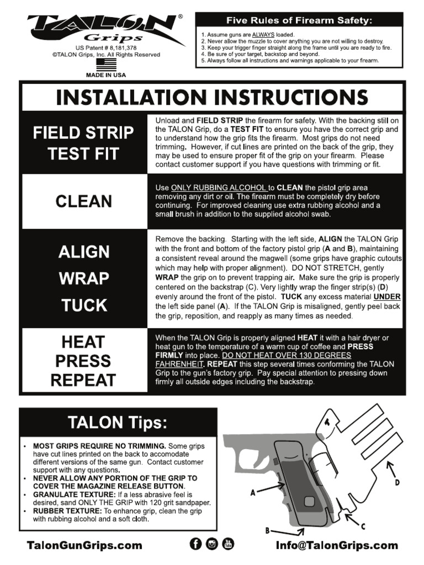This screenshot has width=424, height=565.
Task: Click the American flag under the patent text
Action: point(106,65)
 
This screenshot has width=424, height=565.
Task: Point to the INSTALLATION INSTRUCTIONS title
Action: point(213,98)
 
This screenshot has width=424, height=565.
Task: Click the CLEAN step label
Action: point(83,201)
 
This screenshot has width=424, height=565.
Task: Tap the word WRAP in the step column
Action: point(83,278)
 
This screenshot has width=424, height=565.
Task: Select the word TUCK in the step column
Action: point(83,305)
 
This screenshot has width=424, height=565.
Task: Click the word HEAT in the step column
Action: point(83,342)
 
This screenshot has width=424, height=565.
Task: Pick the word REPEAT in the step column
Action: point(83,380)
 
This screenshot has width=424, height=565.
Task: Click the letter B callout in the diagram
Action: point(268,531)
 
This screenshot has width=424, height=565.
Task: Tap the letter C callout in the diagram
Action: point(363,527)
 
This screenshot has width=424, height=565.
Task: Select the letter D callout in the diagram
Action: point(397,482)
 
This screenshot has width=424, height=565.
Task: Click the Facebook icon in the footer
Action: point(195,544)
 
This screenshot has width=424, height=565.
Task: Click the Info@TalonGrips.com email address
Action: point(337,545)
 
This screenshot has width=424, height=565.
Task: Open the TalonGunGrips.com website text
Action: point(84,545)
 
